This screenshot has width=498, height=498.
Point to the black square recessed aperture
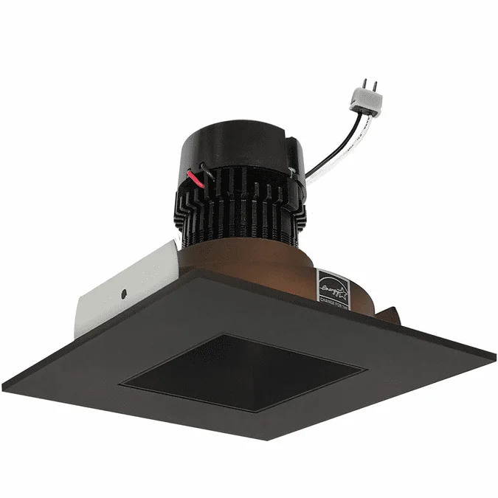pyautogui.click(x=243, y=373)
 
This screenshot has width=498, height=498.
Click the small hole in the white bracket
pyautogui.click(x=123, y=293)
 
